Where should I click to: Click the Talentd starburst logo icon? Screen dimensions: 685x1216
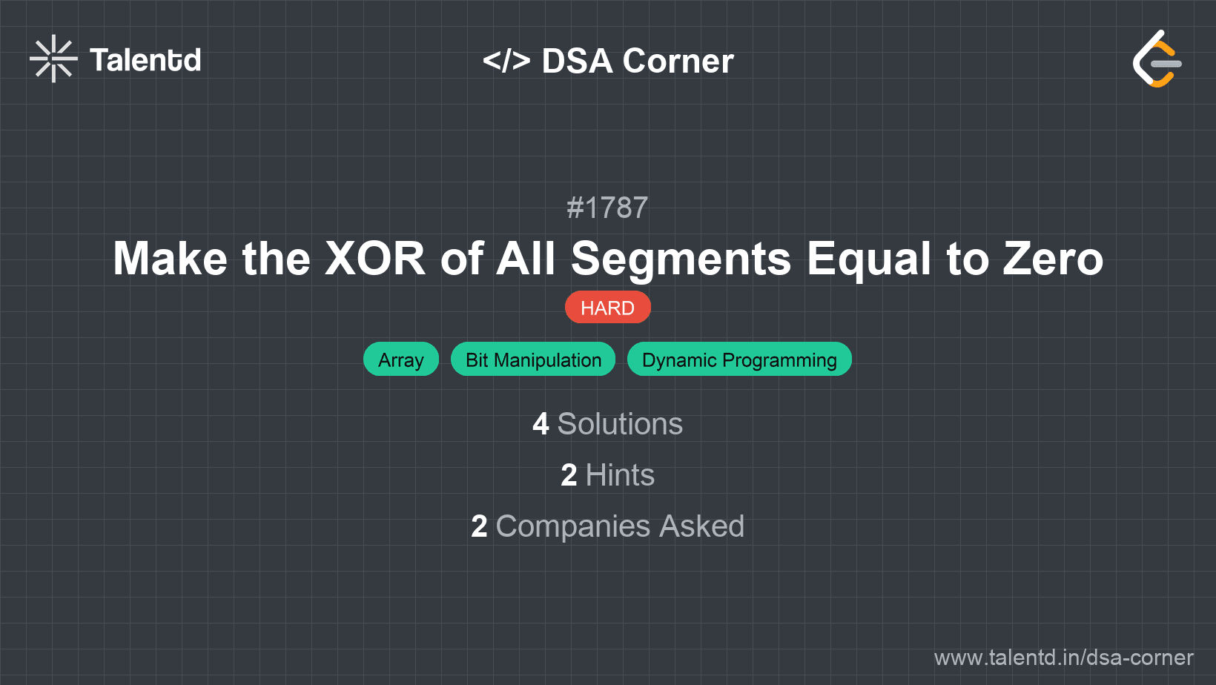click(x=53, y=59)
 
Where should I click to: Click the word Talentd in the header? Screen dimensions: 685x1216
click(x=145, y=60)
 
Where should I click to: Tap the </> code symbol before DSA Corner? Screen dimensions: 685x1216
click(x=506, y=61)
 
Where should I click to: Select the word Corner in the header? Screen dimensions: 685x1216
click(x=678, y=61)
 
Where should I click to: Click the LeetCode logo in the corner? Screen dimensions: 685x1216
click(x=1157, y=59)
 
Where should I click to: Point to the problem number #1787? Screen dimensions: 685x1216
click(x=607, y=208)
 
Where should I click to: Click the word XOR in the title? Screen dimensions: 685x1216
click(x=375, y=259)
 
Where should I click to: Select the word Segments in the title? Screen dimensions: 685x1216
click(x=681, y=259)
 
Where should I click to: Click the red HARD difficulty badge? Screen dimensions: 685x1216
click(x=607, y=308)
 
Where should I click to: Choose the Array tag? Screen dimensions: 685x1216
click(x=400, y=360)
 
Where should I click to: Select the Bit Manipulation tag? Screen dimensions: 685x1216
click(x=533, y=360)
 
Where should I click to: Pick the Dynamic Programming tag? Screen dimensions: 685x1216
click(x=739, y=360)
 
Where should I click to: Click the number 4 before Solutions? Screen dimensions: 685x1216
click(x=541, y=424)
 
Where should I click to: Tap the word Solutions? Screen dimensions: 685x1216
click(x=620, y=424)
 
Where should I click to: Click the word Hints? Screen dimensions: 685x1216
click(x=620, y=475)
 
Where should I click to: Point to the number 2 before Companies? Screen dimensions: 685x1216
click(x=479, y=526)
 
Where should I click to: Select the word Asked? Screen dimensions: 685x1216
click(x=701, y=526)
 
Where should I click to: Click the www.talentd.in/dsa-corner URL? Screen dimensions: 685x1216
click(x=1063, y=658)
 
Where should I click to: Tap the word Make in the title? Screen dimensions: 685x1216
click(x=170, y=259)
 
